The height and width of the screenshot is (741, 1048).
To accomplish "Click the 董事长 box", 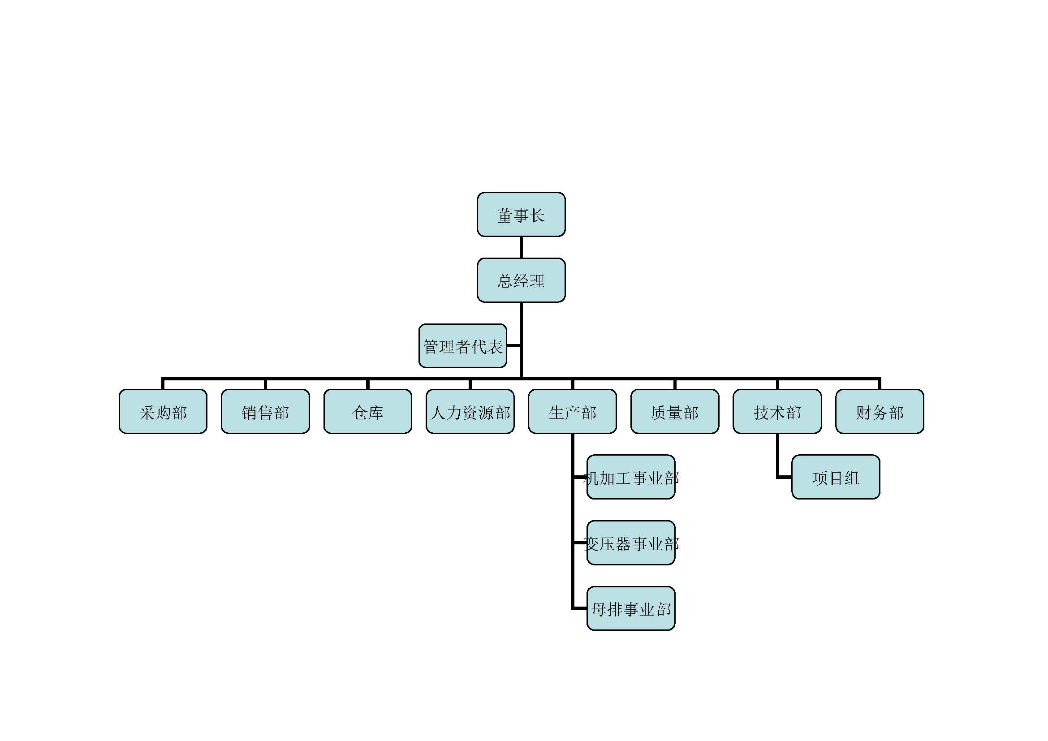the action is coord(521,215).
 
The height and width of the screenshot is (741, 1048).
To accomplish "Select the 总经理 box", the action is coord(521,280).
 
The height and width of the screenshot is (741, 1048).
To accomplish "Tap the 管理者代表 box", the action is coord(462,346).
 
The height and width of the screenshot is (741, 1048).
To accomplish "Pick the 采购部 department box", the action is coord(163,412).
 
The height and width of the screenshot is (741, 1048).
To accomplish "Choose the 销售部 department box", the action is coord(265,412).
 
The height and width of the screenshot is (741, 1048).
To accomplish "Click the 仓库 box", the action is coord(367,412).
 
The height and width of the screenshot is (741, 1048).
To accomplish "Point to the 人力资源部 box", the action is coord(470,412).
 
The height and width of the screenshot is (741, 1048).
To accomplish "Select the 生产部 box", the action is coord(572,412).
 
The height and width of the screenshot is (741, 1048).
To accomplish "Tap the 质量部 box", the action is coord(675,412).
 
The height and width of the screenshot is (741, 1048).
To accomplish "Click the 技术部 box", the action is coord(777,412).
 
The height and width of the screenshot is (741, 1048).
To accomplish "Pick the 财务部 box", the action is coord(880,412).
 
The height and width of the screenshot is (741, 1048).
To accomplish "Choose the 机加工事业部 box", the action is coord(631,477).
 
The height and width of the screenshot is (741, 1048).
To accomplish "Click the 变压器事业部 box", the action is coord(631,543).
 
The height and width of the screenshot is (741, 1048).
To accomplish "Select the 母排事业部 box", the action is coord(631,609).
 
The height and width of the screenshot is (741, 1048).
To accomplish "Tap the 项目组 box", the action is coord(836,477).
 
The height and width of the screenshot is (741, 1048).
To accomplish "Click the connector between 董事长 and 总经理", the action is coord(521,247).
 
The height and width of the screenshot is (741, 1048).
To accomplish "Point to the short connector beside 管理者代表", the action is coord(513,346).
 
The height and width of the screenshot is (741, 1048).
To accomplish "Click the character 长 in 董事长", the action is coord(537,215).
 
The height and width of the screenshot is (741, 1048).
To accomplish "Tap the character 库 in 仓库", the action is coord(375,413).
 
